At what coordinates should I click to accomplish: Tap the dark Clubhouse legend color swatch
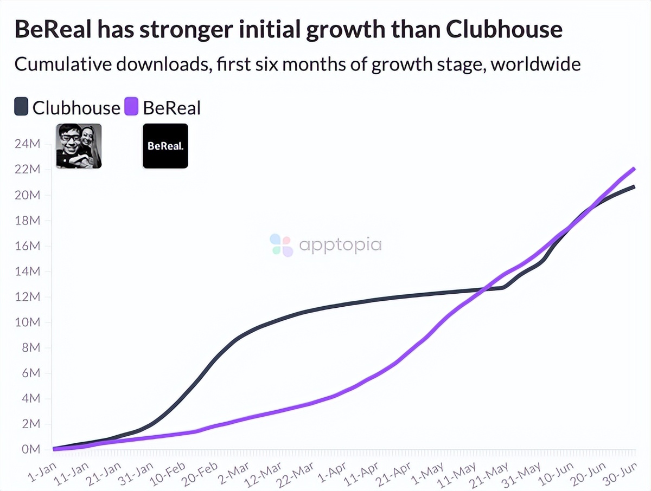coord(21,107)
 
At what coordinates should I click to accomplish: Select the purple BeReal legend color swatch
coord(132,107)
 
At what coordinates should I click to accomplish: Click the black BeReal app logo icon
coord(165,146)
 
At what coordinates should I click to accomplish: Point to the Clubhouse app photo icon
coord(79,146)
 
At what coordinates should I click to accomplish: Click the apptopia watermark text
coord(340,244)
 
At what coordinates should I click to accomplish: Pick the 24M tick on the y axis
coord(27,144)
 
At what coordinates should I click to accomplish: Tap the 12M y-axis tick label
coord(27,297)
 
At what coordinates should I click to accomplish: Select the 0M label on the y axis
coord(29,449)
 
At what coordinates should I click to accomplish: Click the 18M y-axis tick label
coord(27,221)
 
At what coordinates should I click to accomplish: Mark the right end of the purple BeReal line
coord(634,169)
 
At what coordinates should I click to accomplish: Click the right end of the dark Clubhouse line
coord(634,186)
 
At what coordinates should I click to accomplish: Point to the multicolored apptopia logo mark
coord(282,245)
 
